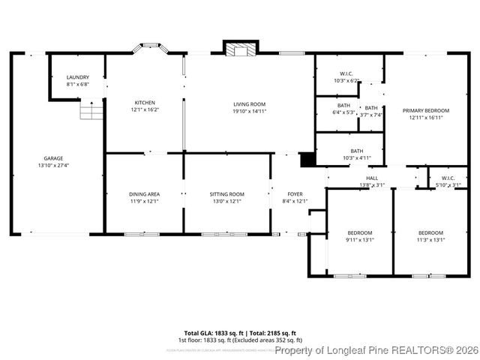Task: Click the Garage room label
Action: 52,158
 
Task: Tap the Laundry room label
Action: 78,77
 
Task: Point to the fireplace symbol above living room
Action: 240,49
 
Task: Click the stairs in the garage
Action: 91,112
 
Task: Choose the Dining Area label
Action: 144,193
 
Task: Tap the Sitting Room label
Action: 226,193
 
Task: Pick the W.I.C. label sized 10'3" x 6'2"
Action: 346,73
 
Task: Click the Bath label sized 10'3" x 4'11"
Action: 356,151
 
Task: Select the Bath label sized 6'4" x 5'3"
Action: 343,106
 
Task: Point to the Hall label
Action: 372,178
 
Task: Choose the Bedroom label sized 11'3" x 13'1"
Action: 430,232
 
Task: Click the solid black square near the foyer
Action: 306,160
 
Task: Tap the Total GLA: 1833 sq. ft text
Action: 211,332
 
